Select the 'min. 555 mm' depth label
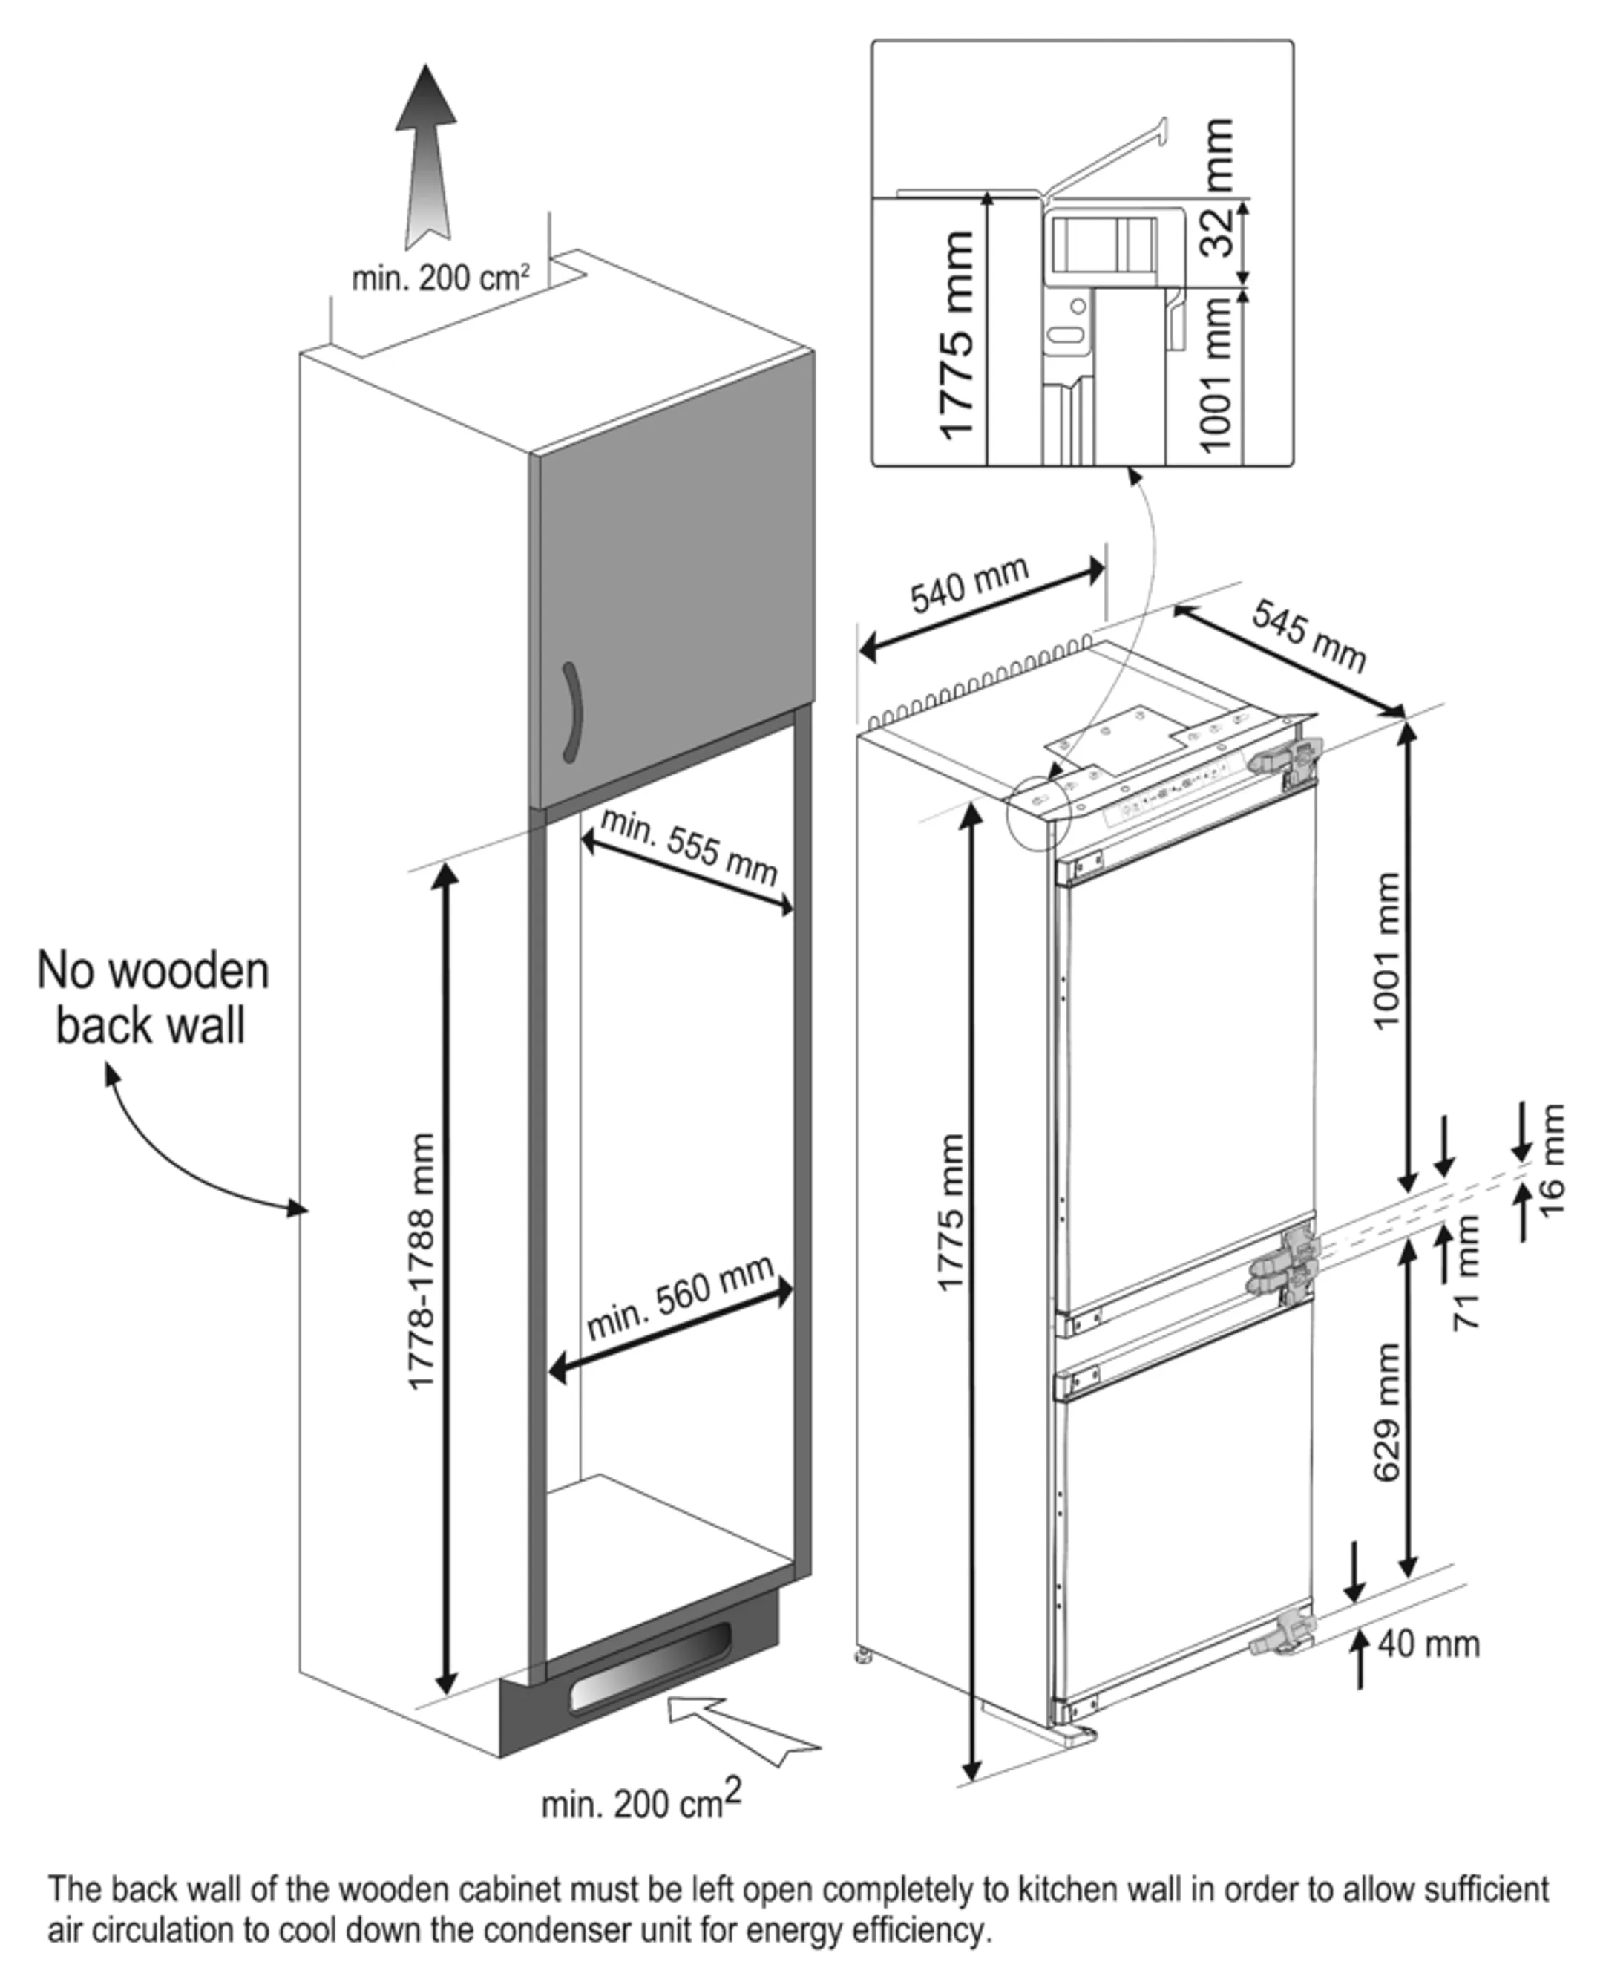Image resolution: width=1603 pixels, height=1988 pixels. [x=688, y=846]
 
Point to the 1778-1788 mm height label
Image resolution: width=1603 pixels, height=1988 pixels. [x=421, y=1261]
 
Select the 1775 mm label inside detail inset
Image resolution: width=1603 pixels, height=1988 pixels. [x=955, y=334]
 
